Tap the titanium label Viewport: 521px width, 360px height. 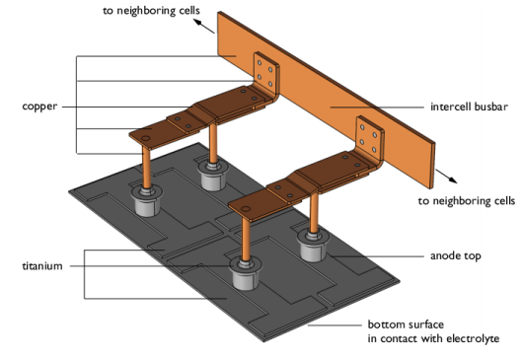pyautogui.click(x=41, y=265)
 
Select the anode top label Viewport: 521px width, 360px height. pyautogui.click(x=454, y=255)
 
